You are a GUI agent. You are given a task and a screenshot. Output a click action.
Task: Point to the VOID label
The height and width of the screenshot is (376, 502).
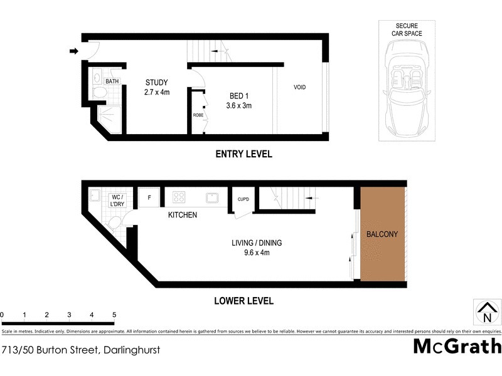tap(300, 87)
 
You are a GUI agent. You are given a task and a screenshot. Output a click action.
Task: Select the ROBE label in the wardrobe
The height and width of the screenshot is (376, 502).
tap(198, 115)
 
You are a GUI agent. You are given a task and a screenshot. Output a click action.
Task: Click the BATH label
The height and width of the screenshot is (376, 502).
tap(112, 81)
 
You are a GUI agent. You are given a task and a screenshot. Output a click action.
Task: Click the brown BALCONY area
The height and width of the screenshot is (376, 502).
tap(382, 234)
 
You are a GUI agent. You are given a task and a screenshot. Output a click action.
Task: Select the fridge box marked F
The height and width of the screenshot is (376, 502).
tap(149, 197)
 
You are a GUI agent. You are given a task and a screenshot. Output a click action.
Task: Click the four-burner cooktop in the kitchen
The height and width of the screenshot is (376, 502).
tap(178, 197)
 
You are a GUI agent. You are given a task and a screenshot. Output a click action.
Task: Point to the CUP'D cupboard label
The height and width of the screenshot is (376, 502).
tap(243, 200)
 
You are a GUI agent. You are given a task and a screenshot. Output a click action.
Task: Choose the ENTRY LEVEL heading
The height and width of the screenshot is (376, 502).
tap(243, 154)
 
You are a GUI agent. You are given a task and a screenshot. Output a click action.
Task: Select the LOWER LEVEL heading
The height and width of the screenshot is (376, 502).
tap(243, 301)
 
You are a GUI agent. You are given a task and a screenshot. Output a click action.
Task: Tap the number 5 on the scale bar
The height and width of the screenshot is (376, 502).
tap(114, 315)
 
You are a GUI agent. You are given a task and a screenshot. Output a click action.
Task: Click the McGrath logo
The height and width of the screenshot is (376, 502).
tap(457, 346)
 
